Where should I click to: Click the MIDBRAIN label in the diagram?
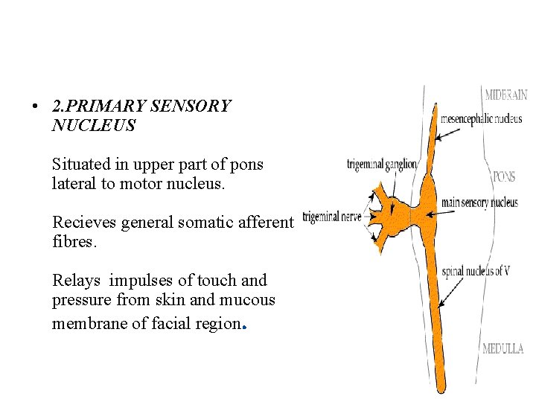pyautogui.click(x=505, y=95)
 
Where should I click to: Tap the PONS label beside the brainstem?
pyautogui.click(x=503, y=177)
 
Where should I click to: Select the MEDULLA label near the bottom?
pyautogui.click(x=502, y=348)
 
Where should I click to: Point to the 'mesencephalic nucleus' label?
pyautogui.click(x=481, y=118)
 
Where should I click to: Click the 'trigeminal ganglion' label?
pyautogui.click(x=382, y=164)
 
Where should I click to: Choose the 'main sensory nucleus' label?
pyautogui.click(x=479, y=202)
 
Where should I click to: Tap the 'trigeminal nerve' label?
pyautogui.click(x=332, y=217)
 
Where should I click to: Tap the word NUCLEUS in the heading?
pyautogui.click(x=94, y=126)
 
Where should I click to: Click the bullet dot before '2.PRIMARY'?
pyautogui.click(x=35, y=107)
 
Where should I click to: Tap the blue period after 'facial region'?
pyautogui.click(x=245, y=325)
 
